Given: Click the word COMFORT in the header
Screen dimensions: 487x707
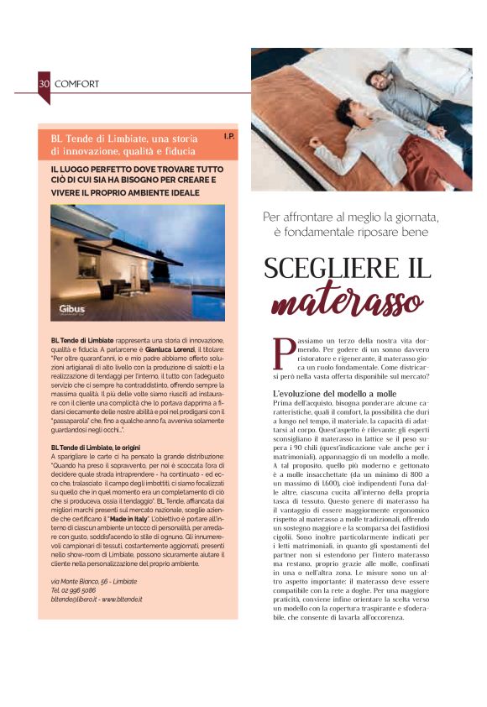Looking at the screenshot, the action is [x=77, y=84].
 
